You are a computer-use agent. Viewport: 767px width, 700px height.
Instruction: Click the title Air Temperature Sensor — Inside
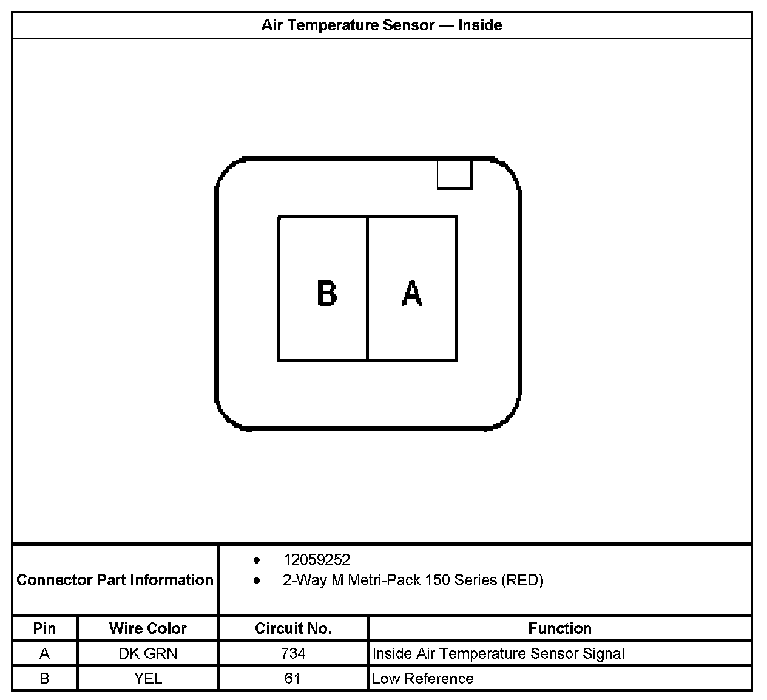click(382, 25)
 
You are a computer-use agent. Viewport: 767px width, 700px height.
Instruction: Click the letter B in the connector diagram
click(327, 294)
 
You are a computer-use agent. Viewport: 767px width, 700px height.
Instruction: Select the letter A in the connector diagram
click(412, 294)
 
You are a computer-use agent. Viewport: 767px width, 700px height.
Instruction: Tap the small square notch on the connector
click(454, 175)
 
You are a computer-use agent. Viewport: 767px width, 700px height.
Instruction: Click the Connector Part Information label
click(115, 580)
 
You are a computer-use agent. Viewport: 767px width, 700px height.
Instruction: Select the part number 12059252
click(317, 560)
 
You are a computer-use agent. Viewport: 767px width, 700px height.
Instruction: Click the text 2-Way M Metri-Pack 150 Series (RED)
click(413, 581)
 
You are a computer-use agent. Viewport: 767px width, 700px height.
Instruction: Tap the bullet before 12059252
click(257, 560)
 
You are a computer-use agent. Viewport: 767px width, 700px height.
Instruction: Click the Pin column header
click(44, 628)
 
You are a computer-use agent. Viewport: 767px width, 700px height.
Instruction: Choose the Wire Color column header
click(148, 628)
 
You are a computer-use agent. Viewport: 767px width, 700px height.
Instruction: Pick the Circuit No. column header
click(293, 628)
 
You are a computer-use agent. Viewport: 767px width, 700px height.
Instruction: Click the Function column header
click(559, 628)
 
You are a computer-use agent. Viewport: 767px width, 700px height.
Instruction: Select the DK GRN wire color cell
click(148, 654)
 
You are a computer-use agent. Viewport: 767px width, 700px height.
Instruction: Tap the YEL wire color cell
click(148, 678)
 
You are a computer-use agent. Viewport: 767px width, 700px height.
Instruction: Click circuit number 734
click(293, 654)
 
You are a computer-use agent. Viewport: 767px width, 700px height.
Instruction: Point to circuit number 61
click(293, 678)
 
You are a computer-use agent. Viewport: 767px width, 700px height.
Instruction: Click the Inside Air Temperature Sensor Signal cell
click(498, 654)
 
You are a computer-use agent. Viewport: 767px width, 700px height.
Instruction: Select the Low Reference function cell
click(422, 678)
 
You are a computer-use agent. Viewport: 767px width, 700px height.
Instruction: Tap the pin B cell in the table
click(44, 678)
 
